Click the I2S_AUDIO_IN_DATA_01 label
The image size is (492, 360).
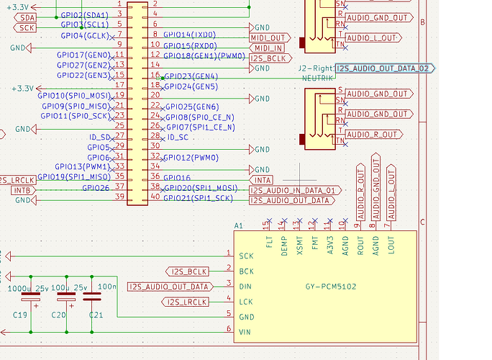(293, 190)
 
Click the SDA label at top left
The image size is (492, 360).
(26, 17)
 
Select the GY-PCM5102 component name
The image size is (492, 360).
(331, 287)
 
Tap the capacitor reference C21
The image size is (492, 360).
(96, 315)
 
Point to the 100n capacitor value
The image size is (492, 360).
(107, 287)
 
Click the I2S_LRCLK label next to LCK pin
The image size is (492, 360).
(186, 302)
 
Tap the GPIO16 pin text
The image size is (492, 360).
(177, 177)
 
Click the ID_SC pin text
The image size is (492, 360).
(177, 137)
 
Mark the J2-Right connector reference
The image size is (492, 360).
(317, 67)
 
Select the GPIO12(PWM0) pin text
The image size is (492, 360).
(191, 157)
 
